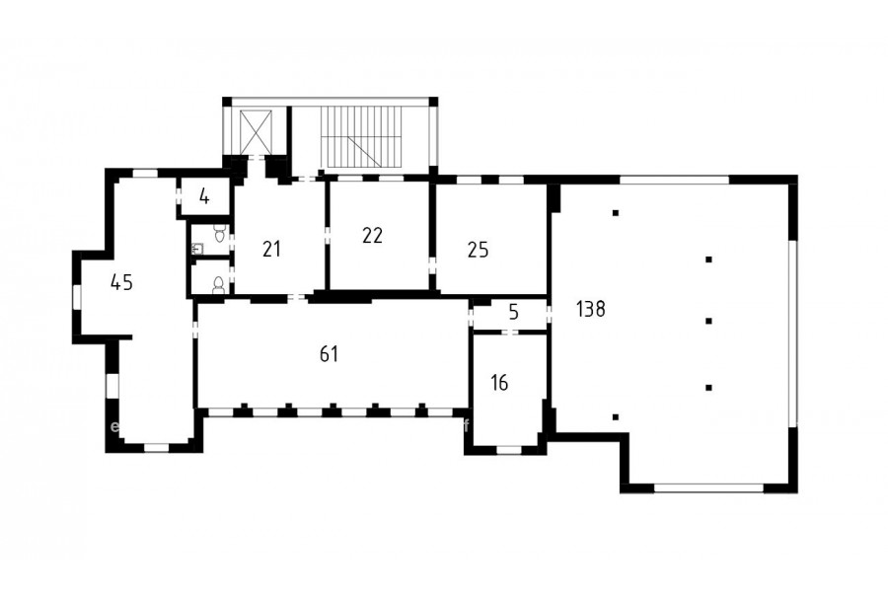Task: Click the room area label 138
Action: (x=591, y=309)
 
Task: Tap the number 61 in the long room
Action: (x=329, y=354)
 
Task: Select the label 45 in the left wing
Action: (x=121, y=281)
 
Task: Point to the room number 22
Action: (x=372, y=235)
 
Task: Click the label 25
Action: (x=478, y=250)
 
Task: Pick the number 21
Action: (x=271, y=249)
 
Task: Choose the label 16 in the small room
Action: (x=499, y=383)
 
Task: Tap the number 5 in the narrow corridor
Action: (x=514, y=312)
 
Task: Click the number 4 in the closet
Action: (x=204, y=197)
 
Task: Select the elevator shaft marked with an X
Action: (x=256, y=132)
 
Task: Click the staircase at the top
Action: (x=360, y=136)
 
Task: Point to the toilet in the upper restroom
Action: (x=220, y=232)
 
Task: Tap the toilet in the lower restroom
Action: (x=219, y=285)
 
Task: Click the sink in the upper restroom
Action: (x=197, y=248)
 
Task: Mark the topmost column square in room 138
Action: (x=616, y=213)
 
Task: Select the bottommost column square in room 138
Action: (x=616, y=417)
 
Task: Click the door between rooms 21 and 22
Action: (x=328, y=236)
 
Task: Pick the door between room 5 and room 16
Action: (x=511, y=332)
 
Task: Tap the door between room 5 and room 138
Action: (x=549, y=314)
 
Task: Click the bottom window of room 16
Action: (x=508, y=450)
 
